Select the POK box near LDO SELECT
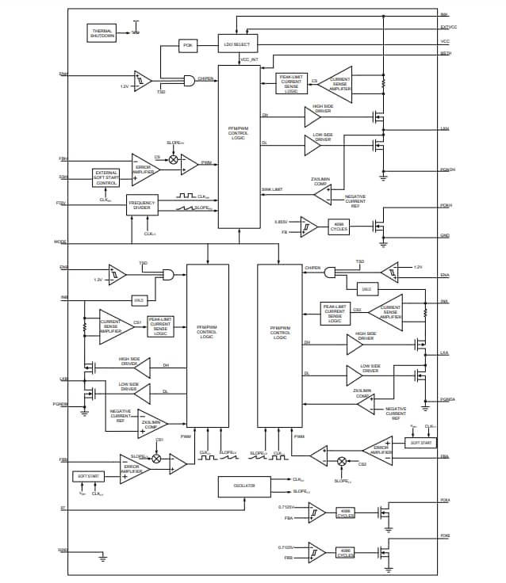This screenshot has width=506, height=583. [188, 45]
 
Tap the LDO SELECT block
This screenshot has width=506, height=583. [236, 44]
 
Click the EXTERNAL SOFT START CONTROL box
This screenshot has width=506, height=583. [106, 178]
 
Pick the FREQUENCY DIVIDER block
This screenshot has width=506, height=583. [142, 204]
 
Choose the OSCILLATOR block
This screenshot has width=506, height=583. [243, 487]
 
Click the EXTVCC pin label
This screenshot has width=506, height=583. [449, 28]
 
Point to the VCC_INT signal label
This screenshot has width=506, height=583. [249, 59]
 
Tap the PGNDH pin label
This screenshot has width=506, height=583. [447, 170]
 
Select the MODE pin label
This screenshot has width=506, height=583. [60, 242]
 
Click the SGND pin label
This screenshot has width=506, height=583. [63, 550]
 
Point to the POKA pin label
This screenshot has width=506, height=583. [446, 501]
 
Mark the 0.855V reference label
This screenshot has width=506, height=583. [282, 222]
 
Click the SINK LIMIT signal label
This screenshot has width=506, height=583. [271, 190]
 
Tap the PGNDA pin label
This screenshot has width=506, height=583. [447, 399]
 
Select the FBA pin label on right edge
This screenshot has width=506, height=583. [445, 456]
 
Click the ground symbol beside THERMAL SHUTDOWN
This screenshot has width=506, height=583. [136, 30]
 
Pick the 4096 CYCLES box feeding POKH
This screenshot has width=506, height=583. [339, 227]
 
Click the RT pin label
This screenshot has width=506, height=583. [63, 508]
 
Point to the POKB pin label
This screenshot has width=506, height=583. [446, 536]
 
